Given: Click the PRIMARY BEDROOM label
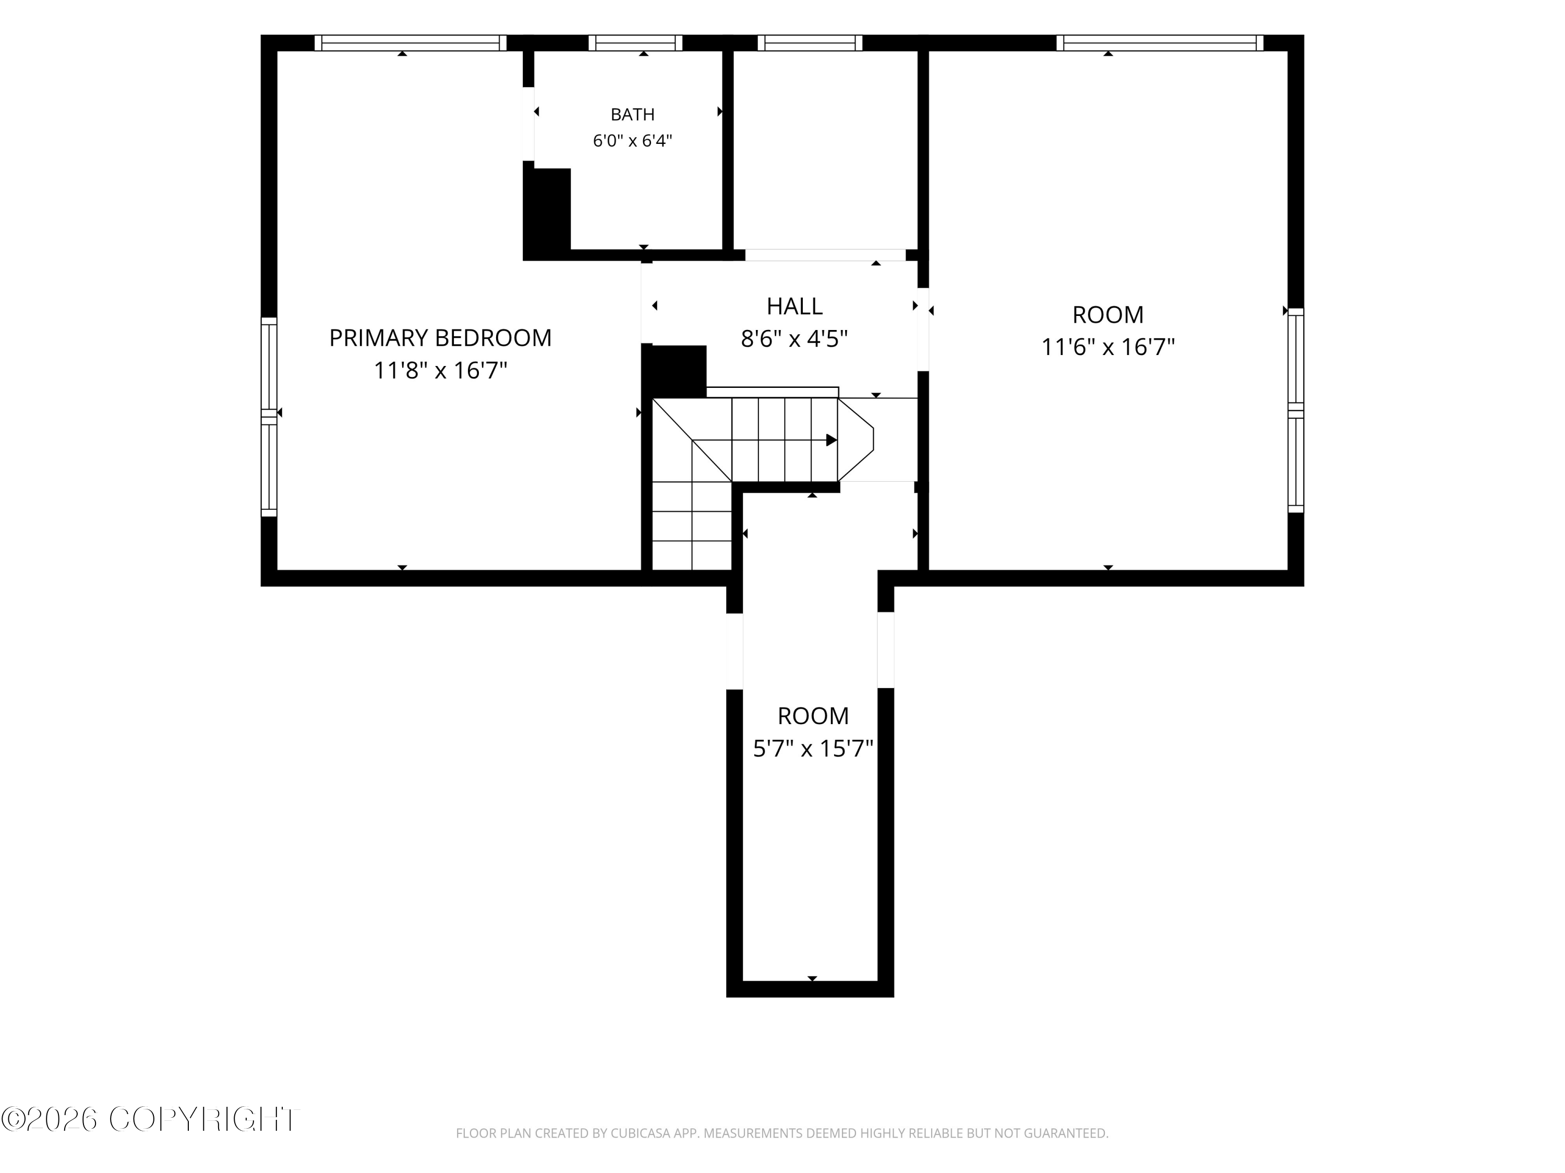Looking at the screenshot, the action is pyautogui.click(x=440, y=338).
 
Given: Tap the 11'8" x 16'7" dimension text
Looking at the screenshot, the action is pyautogui.click(x=441, y=370).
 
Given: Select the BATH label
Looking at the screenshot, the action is pyautogui.click(x=632, y=115).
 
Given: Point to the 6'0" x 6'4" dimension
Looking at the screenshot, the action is pyautogui.click(x=632, y=141).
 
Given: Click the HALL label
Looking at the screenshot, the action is pyautogui.click(x=794, y=306).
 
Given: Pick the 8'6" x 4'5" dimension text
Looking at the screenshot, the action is pyautogui.click(x=794, y=339).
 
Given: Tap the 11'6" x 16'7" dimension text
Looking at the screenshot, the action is pyautogui.click(x=1108, y=347).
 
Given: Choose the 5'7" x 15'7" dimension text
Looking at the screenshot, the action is pyautogui.click(x=813, y=748).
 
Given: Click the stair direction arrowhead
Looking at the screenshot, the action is pyautogui.click(x=832, y=440).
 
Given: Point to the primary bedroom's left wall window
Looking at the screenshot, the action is pyautogui.click(x=269, y=417).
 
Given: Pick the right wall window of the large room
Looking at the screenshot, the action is pyautogui.click(x=1295, y=410).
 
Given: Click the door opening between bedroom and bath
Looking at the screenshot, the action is pyautogui.click(x=528, y=124).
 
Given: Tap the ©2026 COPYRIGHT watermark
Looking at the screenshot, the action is pyautogui.click(x=150, y=1119).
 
